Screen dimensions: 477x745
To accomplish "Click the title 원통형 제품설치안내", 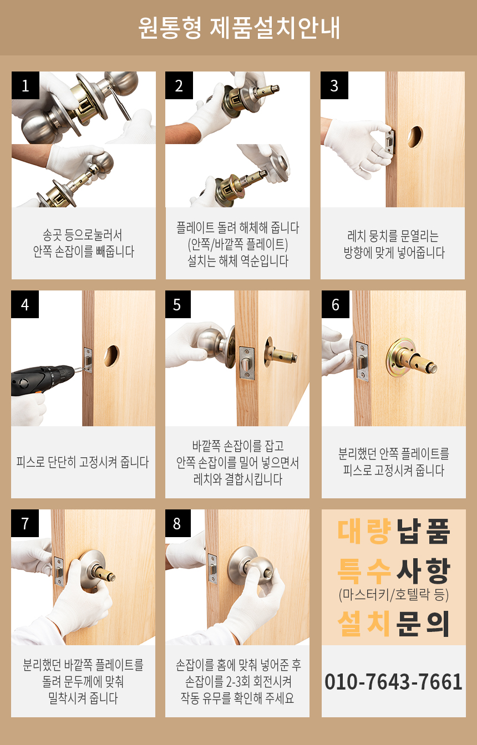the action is coord(238,28).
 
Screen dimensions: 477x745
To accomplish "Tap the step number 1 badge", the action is coord(26,85).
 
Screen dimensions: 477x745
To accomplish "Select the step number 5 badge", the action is coord(177,304).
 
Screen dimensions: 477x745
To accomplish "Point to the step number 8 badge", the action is coord(177,523).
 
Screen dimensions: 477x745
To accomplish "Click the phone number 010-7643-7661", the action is coord(393,681).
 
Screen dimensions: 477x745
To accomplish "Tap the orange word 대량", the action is coord(364,531).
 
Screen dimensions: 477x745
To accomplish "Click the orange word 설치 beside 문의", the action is coord(364,623).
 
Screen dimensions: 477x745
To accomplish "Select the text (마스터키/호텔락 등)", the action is coord(393,594).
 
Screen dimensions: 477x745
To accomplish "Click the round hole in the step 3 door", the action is coord(415,136).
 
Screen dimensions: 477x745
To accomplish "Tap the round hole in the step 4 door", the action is coord(111,355).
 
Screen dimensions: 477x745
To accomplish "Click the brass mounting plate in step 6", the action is coord(401,357).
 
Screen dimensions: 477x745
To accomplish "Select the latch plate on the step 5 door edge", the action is coord(247,363).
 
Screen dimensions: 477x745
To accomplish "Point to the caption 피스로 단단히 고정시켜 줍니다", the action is coord(83,462).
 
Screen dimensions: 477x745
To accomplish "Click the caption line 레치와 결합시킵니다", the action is coord(237,479).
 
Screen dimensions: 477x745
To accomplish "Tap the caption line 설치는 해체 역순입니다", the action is coord(237,261).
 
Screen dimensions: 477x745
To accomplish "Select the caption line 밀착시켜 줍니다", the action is coord(83,698).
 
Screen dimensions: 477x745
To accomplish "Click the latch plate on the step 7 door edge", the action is coord(59,571).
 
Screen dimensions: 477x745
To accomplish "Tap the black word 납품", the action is coord(423,531).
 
